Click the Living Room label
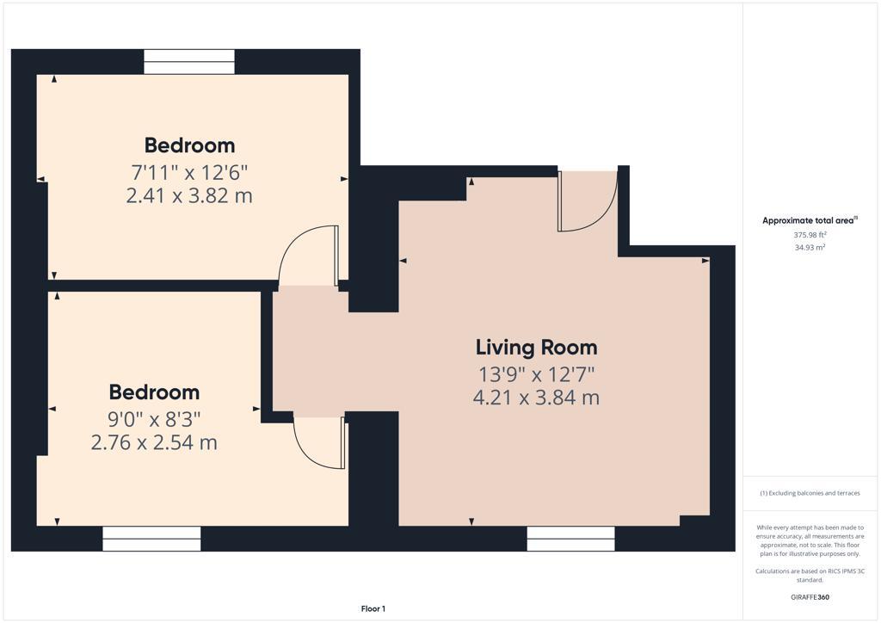click(x=536, y=348)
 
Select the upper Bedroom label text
click(x=189, y=145)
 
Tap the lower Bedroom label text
click(x=154, y=392)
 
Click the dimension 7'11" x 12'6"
click(x=189, y=171)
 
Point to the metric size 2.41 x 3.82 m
click(x=189, y=195)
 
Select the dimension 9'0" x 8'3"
click(x=154, y=419)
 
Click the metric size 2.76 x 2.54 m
click(x=154, y=443)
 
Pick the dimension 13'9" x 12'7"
click(x=536, y=374)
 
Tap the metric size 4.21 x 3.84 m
click(x=536, y=398)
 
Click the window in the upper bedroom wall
click(x=189, y=62)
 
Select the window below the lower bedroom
click(x=151, y=539)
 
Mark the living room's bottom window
click(x=570, y=539)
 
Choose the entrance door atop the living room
click(x=587, y=202)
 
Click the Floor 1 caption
click(x=373, y=609)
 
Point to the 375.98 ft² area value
click(x=810, y=234)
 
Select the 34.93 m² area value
click(x=810, y=247)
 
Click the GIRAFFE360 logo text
click(x=810, y=597)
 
